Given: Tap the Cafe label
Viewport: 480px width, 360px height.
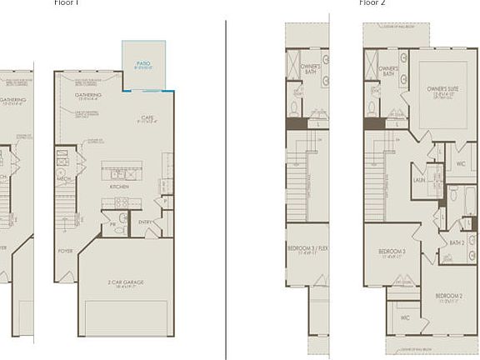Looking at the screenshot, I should coord(147,117).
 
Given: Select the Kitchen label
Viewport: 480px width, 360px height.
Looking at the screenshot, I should coord(119,186).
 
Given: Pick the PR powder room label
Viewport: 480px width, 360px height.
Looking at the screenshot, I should coord(112,224).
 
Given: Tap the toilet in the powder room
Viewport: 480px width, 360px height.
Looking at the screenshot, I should coord(123,219).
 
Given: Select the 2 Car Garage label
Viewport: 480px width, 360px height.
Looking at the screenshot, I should coord(126,282).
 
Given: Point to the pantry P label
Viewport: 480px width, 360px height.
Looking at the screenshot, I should coord(167,201).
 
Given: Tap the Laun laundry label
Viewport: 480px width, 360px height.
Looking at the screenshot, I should coord(420,177).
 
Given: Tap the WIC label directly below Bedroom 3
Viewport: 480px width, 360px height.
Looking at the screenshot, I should coord(405,317).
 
